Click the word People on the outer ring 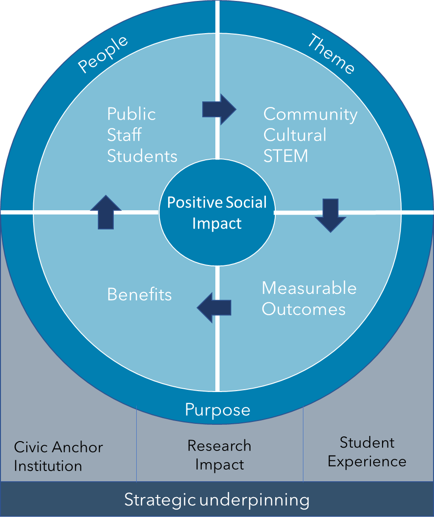coord(103,54)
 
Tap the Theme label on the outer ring coord(331,54)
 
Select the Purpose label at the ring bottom coord(217,410)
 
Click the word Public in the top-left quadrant coord(132,114)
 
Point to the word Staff coord(124,135)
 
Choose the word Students coord(142,156)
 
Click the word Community coord(310,114)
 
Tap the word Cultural coord(295,135)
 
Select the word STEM coord(286,156)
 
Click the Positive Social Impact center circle coord(217,213)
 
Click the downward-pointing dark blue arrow coord(331,215)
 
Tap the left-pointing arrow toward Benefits coord(214,307)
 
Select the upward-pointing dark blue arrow coord(106,212)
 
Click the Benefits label coord(140,294)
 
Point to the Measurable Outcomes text coord(309,298)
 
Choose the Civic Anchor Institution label coord(58,456)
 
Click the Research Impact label coord(219,455)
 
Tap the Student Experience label coord(367,452)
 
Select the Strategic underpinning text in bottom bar coord(217,500)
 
